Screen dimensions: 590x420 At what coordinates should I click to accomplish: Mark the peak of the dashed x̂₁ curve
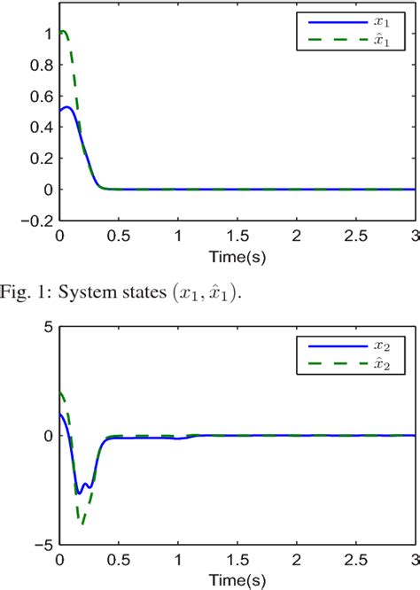[x=62, y=32]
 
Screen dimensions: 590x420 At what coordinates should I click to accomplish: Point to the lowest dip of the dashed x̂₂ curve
[x=82, y=524]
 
